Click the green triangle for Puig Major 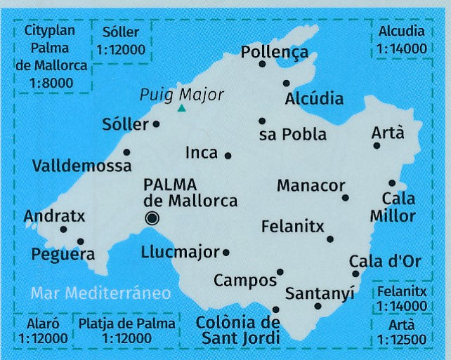click(182, 108)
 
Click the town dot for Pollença click(262, 64)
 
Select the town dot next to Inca click(228, 155)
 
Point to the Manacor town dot click(345, 197)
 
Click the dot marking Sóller click(156, 124)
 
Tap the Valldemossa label click(81, 166)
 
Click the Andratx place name click(54, 216)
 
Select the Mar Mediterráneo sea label click(100, 293)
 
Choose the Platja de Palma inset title click(126, 324)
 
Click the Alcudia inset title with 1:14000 click(401, 32)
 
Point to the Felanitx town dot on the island click(330, 239)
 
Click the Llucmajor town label click(180, 251)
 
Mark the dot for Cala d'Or click(355, 274)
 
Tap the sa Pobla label click(293, 135)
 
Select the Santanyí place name click(320, 292)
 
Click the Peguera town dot click(80, 241)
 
